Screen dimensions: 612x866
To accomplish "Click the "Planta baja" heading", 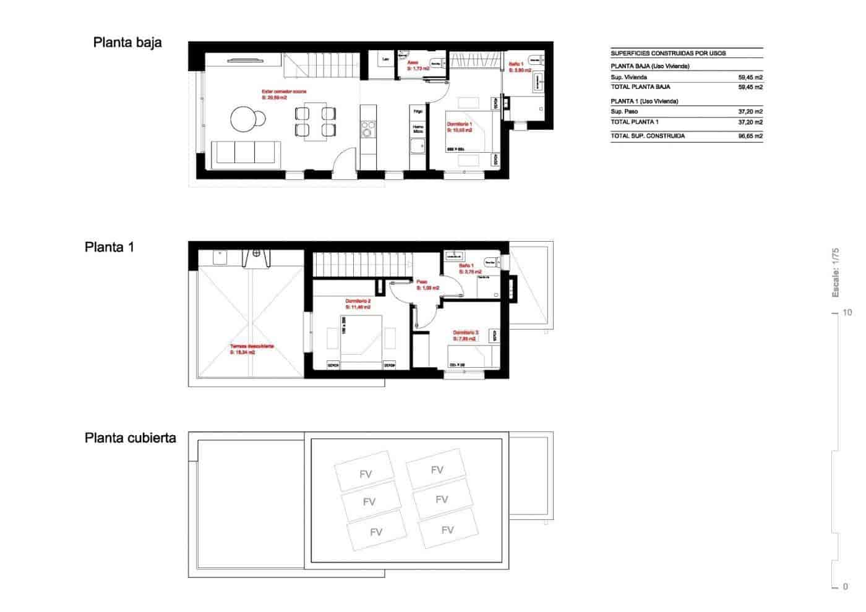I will coord(127,43).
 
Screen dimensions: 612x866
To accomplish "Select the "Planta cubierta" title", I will coord(130,438).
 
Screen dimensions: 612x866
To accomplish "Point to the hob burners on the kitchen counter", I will coord(368,130).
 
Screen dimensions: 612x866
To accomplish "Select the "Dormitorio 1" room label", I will coord(460,124).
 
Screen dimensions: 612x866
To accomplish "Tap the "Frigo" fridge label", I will coord(418,111).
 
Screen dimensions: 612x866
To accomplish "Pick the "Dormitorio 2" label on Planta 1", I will coord(358,301).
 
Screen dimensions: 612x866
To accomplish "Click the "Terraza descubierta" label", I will coord(252,347).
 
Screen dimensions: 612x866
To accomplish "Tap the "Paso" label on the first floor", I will coord(421,281).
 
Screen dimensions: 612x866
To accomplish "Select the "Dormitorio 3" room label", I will coord(465,333).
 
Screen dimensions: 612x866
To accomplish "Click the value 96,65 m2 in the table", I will coord(750,136).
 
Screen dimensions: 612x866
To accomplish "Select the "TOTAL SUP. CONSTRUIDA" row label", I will coord(647,136).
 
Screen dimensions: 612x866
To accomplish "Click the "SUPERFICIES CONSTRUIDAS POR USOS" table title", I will coord(668,53).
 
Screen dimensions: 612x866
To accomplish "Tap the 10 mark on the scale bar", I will coord(847,313).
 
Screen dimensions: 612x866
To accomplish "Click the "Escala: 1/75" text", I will coord(835,273).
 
